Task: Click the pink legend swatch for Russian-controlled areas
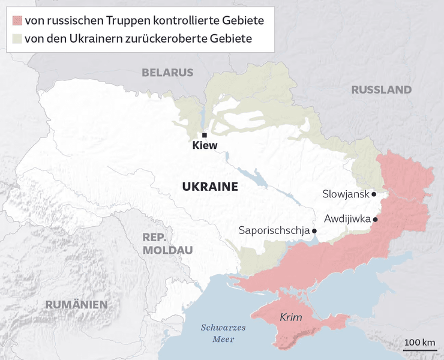coord(17,21)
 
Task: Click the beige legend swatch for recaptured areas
coord(17,38)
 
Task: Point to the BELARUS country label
coord(167,73)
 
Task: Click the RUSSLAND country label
coord(381,90)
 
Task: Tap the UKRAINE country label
coord(209,187)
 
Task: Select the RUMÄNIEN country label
coord(76,304)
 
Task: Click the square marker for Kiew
coord(204,135)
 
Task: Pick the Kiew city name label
coord(205,146)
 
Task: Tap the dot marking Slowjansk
coord(374,194)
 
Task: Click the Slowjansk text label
coord(345,194)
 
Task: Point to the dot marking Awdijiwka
coord(375,220)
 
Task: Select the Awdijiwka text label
coord(347,219)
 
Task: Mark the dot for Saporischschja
coord(314,230)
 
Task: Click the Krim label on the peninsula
coord(290,317)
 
